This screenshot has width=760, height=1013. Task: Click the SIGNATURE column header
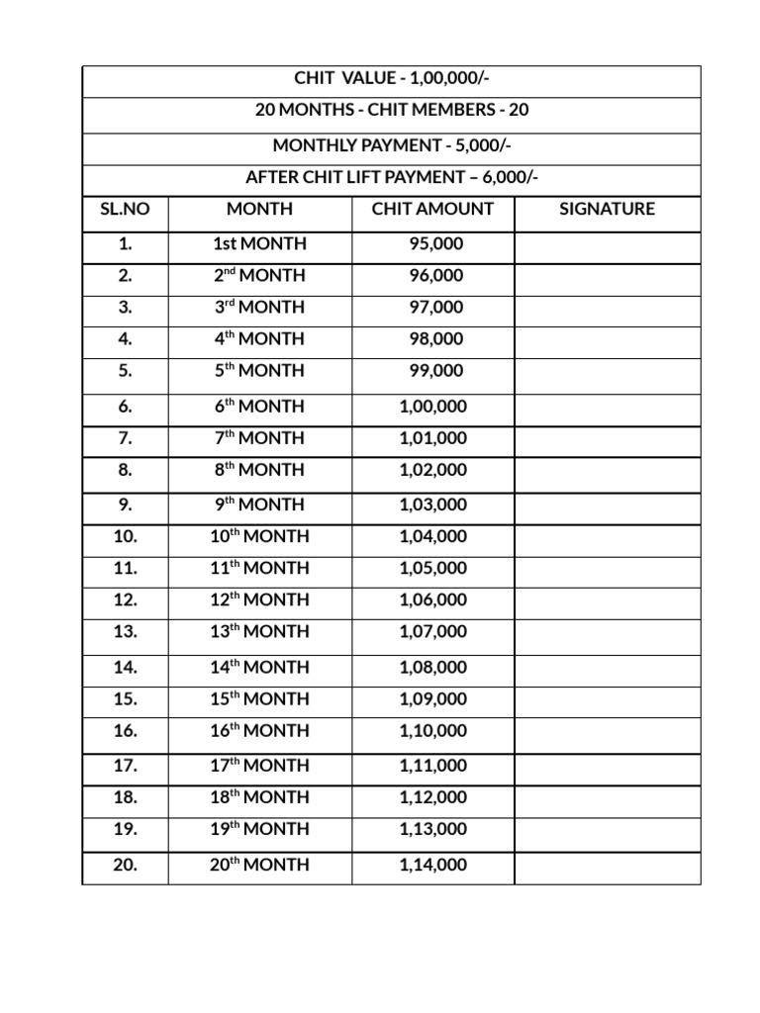point(607,209)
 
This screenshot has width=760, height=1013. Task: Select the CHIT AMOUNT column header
point(432,209)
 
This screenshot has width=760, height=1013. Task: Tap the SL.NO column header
point(125,209)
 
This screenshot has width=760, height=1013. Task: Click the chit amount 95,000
point(436,243)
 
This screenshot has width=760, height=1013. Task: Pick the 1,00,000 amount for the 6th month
point(432,406)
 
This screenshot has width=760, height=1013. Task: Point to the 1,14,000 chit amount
point(432,865)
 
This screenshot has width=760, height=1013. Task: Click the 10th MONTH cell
point(259,536)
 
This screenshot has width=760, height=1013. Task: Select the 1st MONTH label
point(259,243)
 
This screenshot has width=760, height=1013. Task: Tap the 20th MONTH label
point(259,865)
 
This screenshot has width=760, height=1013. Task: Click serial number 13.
point(125,631)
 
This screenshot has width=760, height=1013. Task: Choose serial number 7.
point(125,437)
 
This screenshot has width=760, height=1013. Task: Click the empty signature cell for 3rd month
point(607,307)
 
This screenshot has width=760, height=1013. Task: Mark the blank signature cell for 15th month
point(607,698)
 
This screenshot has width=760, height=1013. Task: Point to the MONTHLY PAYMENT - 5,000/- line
point(392,145)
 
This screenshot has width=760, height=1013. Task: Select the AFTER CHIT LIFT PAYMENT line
point(392,178)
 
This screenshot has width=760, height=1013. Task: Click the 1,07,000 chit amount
point(432,631)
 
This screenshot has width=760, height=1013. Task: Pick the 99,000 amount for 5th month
point(436,370)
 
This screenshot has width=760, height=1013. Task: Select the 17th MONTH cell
point(259,765)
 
